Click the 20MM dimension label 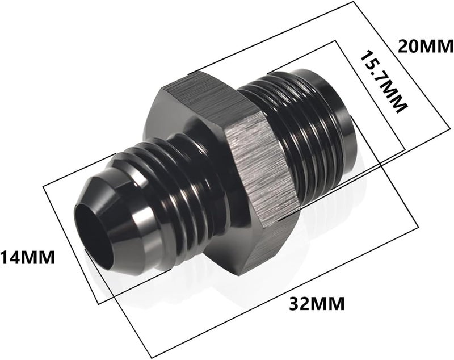425,47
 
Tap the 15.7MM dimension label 384,82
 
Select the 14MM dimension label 27,257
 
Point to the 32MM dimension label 317,304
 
